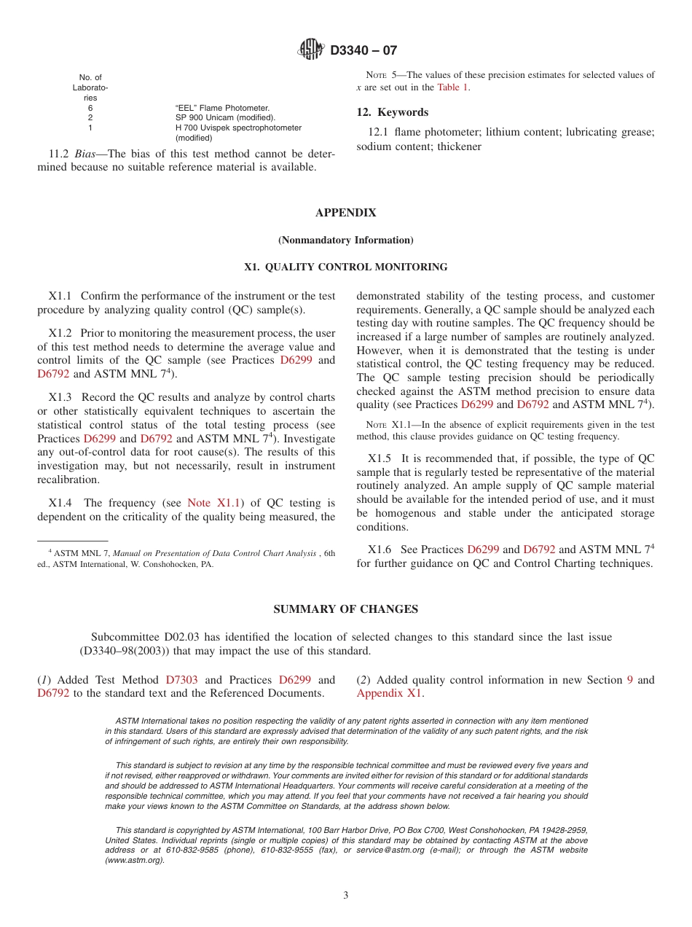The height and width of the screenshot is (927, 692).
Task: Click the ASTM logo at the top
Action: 311,50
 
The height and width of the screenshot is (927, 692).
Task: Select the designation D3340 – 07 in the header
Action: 363,51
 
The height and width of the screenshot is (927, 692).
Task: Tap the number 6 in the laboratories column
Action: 90,108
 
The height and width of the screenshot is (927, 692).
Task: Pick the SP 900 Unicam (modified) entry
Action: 225,117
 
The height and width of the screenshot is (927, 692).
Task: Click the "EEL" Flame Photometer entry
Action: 222,108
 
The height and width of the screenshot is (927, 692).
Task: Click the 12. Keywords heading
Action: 392,112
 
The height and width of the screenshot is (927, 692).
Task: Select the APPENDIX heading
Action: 345,213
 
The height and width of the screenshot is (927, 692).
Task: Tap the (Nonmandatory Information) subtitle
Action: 345,240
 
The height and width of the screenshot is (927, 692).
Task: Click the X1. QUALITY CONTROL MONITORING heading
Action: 345,267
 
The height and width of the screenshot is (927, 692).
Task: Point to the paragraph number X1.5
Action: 380,458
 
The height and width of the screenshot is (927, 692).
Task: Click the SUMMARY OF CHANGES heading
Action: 345,609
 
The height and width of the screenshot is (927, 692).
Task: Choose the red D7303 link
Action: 181,680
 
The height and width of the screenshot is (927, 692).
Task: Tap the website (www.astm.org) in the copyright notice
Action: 135,860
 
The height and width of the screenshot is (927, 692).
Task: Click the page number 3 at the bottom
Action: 346,896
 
